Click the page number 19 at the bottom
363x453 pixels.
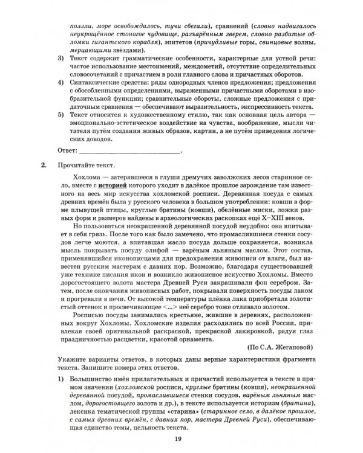pos(177,439)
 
